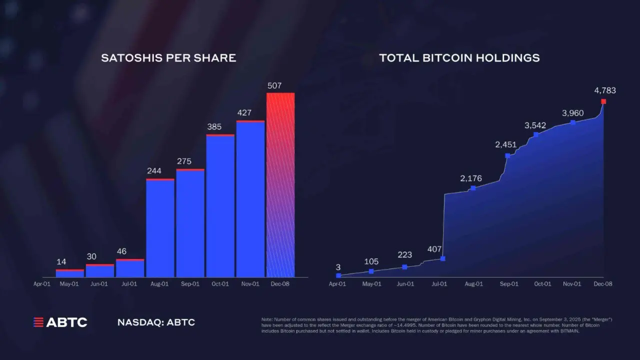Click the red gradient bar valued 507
pyautogui.click(x=280, y=185)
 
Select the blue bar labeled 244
pyautogui.click(x=160, y=228)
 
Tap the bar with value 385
pyautogui.click(x=220, y=205)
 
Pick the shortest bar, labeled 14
pyautogui.click(x=70, y=273)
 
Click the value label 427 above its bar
pyautogui.click(x=244, y=113)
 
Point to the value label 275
pyautogui.click(x=183, y=161)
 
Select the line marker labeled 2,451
pyautogui.click(x=507, y=155)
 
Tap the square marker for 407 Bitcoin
pyautogui.click(x=442, y=258)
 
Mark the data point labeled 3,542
pyautogui.click(x=536, y=134)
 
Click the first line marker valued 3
pyautogui.click(x=338, y=275)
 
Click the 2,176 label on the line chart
pyautogui.click(x=471, y=178)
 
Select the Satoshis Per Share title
pyautogui.click(x=168, y=58)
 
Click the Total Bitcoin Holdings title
pyautogui.click(x=459, y=58)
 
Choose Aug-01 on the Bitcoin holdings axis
pyautogui.click(x=473, y=284)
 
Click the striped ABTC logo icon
pyautogui.click(x=38, y=322)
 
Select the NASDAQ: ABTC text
pyautogui.click(x=156, y=322)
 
